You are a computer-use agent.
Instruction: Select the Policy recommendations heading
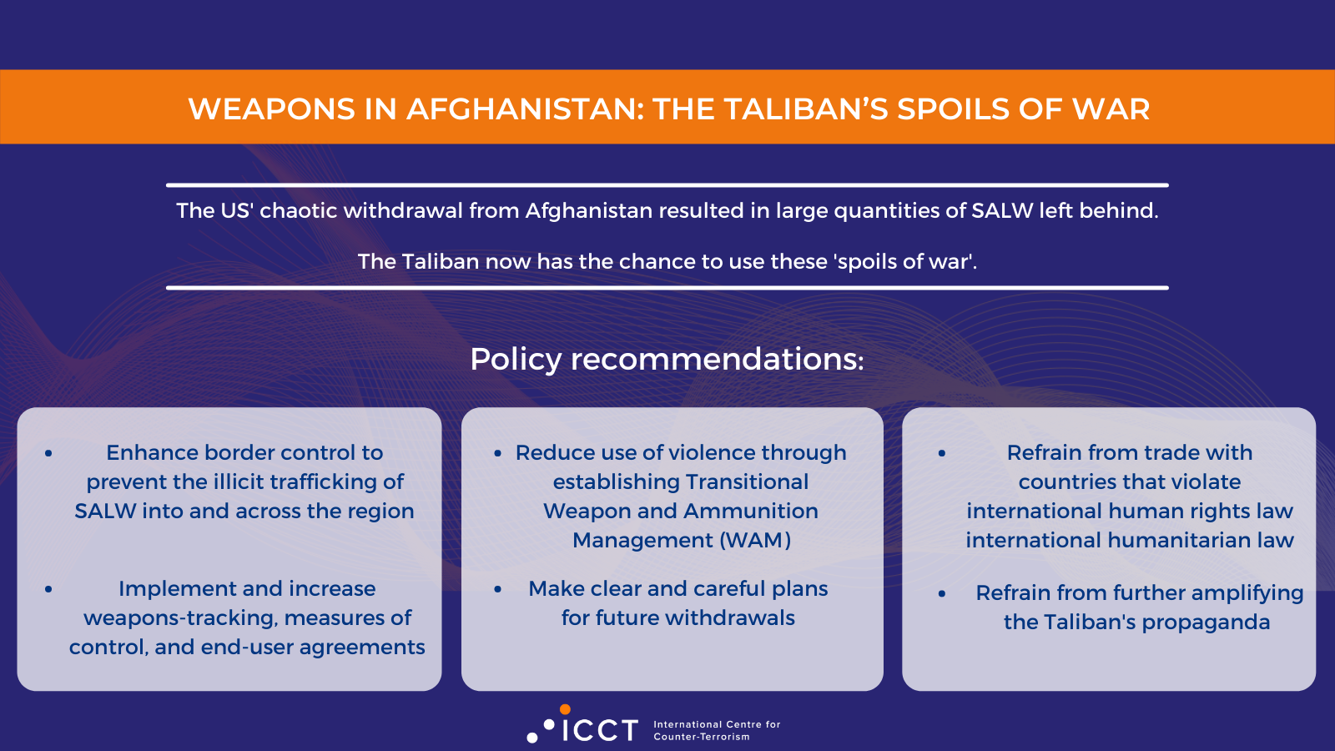click(667, 359)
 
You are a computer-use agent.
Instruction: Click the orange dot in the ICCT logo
click(565, 709)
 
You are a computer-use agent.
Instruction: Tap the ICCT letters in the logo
click(600, 731)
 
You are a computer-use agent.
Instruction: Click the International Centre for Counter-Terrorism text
click(717, 730)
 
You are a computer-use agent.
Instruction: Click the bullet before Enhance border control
click(48, 453)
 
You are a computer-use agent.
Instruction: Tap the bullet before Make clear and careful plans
click(498, 589)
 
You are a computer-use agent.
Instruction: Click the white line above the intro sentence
click(667, 184)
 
